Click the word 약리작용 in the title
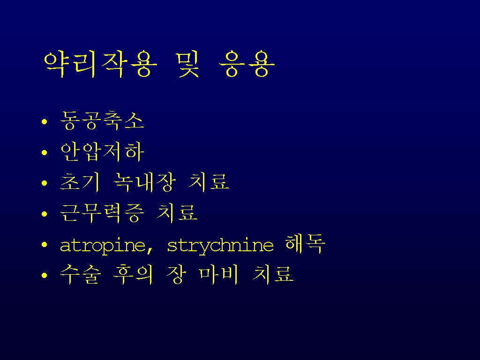[x=101, y=64]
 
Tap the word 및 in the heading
[x=188, y=64]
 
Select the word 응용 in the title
[x=247, y=64]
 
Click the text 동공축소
[x=102, y=120]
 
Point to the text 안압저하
[x=102, y=151]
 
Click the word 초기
[x=80, y=182]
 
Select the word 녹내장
[x=144, y=182]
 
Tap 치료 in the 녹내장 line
[x=209, y=182]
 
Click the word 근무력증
[x=102, y=213]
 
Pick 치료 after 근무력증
[x=177, y=213]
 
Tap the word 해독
[x=305, y=244]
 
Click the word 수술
[x=80, y=274]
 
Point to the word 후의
[x=133, y=274]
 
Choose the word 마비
[x=219, y=274]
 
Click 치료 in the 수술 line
[x=273, y=274]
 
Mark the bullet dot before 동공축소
[x=45, y=122]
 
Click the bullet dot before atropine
[x=45, y=245]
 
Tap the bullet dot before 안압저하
[x=45, y=152]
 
